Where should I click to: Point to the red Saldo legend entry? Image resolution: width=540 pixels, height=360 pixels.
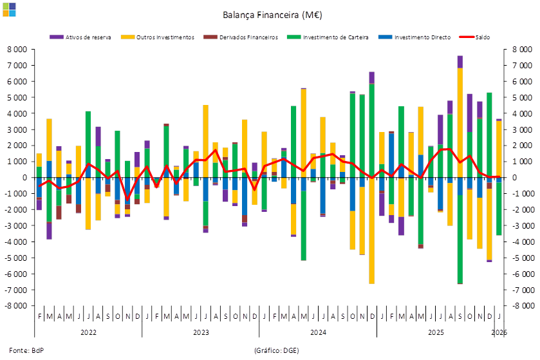(476, 37)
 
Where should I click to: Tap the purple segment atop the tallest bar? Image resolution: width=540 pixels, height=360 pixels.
(460, 61)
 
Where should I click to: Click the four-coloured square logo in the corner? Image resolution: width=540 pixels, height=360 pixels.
(9, 8)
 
